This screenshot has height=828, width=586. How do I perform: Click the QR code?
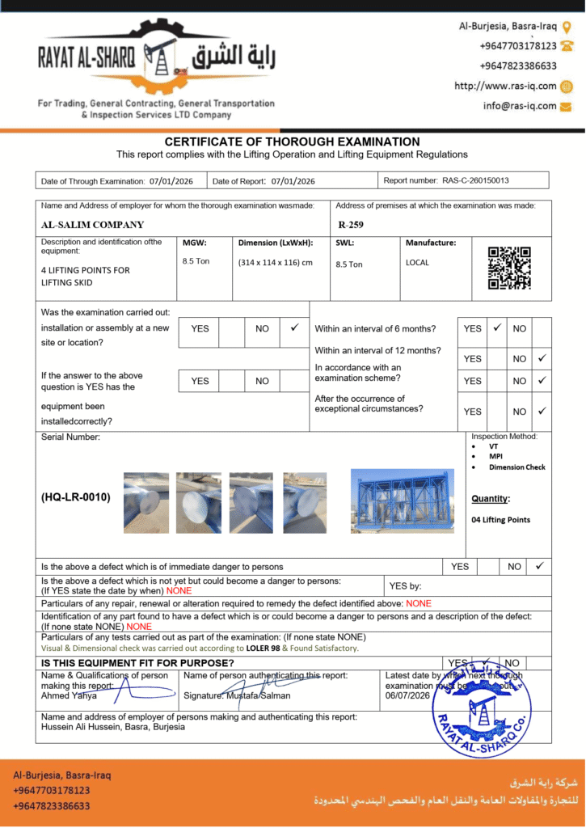[x=509, y=268]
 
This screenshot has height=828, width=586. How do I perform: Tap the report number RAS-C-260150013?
[x=475, y=181]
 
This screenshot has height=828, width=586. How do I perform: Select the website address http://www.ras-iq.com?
[x=505, y=86]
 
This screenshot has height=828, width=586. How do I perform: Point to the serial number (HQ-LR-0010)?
[x=76, y=497]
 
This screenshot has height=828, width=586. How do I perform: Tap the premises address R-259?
[x=352, y=225]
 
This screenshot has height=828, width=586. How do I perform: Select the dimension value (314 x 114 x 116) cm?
[x=275, y=263]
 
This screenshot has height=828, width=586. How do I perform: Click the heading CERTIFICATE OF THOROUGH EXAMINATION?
[x=292, y=142]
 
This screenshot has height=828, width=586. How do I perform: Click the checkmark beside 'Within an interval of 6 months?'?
[x=497, y=328]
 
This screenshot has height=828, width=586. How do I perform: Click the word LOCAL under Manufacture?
[x=417, y=263]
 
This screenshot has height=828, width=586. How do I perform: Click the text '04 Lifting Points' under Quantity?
[x=500, y=520]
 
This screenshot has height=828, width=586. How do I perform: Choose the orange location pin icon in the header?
[x=567, y=27]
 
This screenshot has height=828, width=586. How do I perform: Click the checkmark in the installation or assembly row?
[x=293, y=328]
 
